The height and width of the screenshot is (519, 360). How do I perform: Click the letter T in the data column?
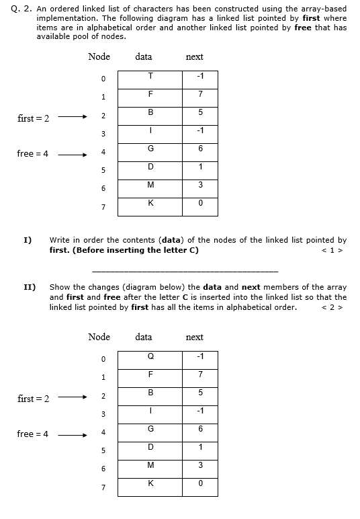click(151, 75)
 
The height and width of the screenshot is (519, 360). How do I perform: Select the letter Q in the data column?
click(151, 356)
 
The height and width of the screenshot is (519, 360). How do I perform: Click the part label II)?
click(30, 287)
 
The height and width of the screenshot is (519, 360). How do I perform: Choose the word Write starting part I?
click(60, 240)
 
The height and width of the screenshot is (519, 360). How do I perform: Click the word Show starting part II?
click(60, 287)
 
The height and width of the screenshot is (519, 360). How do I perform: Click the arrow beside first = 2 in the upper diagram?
click(72, 118)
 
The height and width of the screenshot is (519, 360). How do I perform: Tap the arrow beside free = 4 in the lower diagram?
click(72, 434)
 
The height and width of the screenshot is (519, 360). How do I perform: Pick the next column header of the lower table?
click(194, 337)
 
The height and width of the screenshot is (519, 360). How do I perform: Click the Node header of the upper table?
click(99, 56)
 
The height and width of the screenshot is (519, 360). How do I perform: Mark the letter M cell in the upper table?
click(151, 185)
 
